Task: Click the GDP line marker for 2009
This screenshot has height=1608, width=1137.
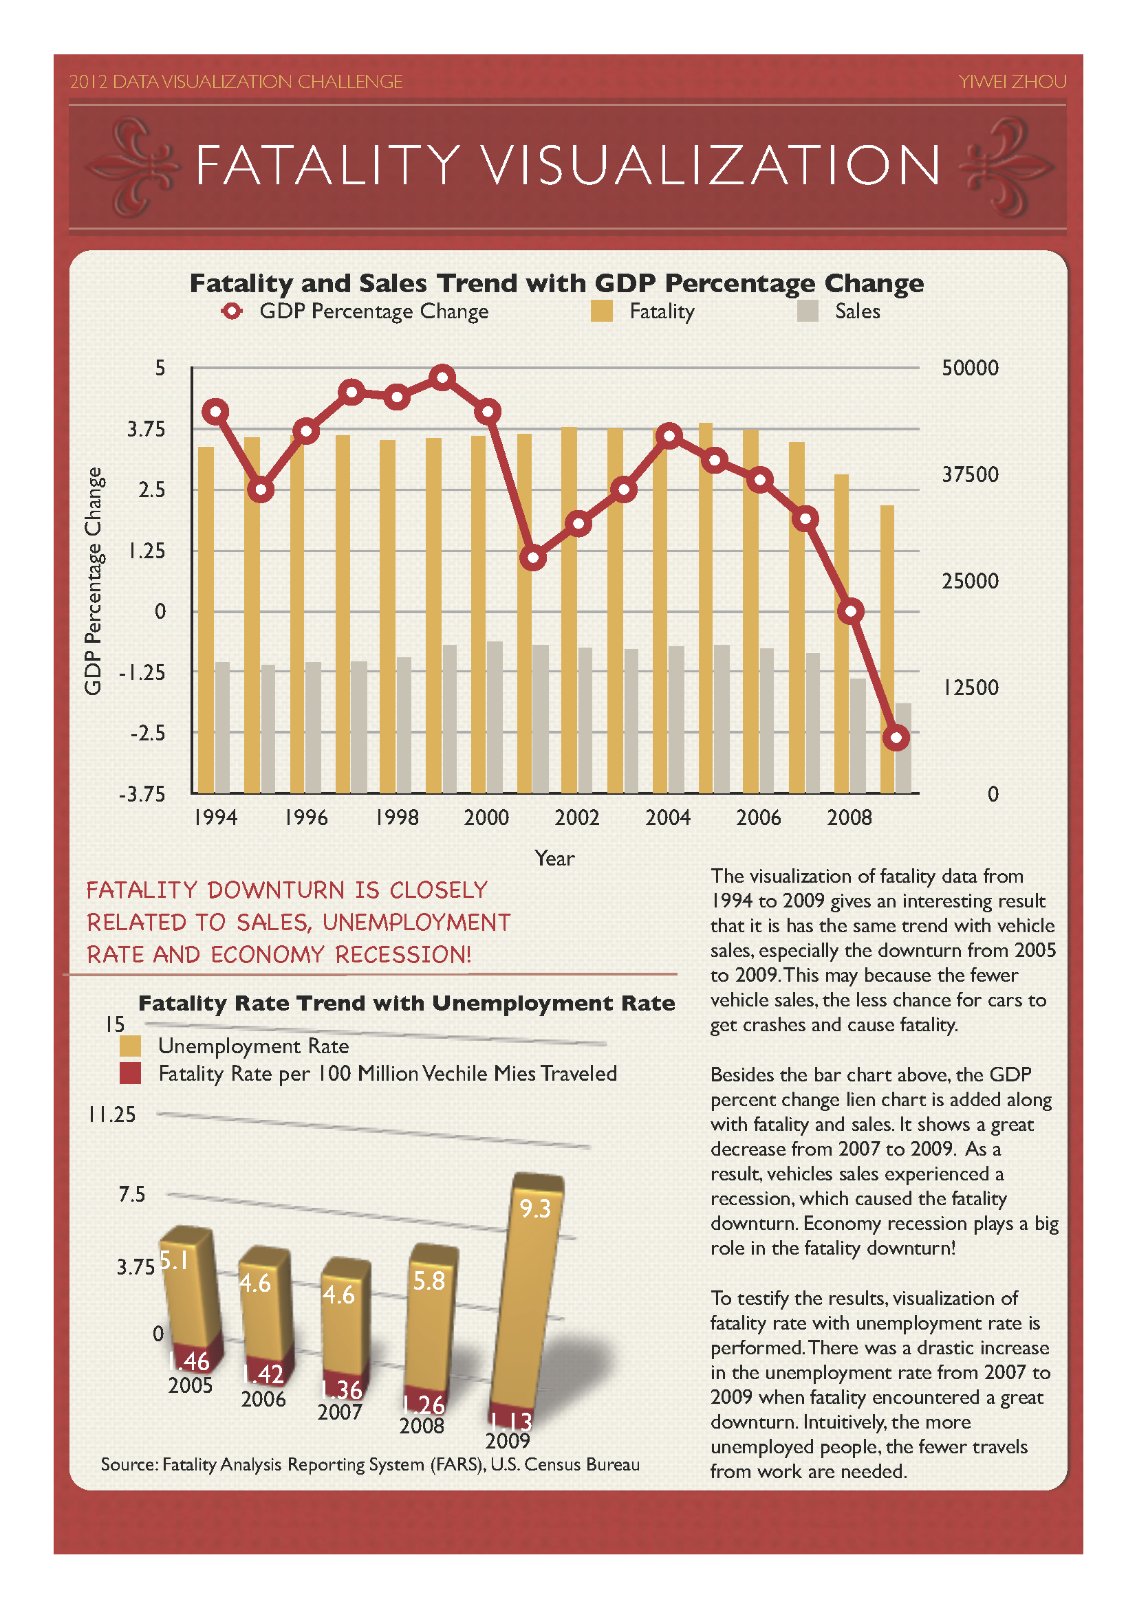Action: point(896,738)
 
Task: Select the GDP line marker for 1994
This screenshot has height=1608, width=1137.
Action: point(216,411)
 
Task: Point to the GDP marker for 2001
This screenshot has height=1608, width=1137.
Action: point(533,558)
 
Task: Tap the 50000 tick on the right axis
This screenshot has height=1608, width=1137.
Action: point(970,368)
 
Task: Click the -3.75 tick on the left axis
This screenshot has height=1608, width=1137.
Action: point(142,794)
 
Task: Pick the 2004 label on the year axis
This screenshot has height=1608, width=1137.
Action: point(668,817)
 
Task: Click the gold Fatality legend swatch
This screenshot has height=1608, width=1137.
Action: point(601,311)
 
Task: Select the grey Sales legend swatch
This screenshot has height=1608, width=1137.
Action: point(808,311)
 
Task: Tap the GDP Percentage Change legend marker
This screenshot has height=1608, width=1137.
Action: point(232,311)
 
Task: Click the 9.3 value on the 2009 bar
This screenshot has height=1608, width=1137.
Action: point(535,1209)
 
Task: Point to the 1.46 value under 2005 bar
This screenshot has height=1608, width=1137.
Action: point(189,1361)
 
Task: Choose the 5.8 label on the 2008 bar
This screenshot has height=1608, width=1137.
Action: point(429,1281)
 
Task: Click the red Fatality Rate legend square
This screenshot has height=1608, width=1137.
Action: point(130,1073)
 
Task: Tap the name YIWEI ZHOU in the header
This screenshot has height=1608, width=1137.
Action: point(1013,82)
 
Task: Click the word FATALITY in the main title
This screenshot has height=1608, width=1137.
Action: point(328,165)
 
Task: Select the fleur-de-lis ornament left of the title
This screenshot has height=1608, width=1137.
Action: point(133,166)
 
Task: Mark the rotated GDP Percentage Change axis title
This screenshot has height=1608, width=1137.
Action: point(93,581)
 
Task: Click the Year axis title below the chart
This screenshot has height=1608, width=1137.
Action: point(554,858)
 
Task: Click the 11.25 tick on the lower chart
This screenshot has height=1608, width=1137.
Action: point(112,1114)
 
